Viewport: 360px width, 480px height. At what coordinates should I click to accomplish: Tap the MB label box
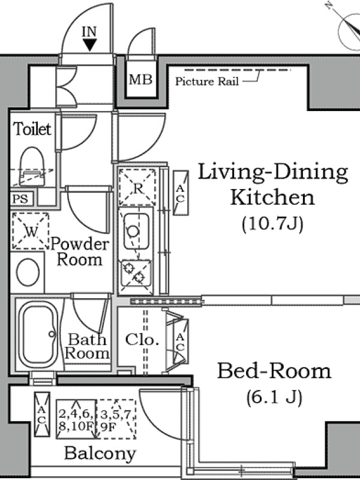tap(140, 80)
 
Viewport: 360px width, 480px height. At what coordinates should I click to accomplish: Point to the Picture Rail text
tap(206, 82)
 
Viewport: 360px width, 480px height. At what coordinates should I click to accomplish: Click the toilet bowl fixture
tap(32, 166)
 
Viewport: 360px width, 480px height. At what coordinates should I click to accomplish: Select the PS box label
tap(20, 199)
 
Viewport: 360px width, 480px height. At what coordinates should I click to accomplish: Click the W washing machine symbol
tap(31, 231)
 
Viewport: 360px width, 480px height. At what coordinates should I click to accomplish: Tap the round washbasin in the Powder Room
tap(28, 272)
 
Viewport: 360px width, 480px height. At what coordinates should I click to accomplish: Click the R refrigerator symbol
tap(137, 187)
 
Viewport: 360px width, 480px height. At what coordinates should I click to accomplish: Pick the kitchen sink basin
tap(137, 231)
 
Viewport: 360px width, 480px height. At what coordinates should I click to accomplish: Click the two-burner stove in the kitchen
tap(136, 273)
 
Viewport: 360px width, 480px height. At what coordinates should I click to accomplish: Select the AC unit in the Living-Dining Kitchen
tap(181, 193)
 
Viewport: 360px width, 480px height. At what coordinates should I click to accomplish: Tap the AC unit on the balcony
tap(42, 415)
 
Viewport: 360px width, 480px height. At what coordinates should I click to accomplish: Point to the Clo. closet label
tap(142, 340)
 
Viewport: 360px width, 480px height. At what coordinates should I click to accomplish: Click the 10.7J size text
tap(272, 224)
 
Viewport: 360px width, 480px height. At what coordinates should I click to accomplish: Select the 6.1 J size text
tap(274, 397)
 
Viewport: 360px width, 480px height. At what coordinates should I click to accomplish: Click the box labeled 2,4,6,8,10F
tap(76, 419)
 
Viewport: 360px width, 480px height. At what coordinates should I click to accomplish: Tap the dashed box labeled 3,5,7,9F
tap(116, 419)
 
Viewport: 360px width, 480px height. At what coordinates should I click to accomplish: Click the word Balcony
tap(100, 454)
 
